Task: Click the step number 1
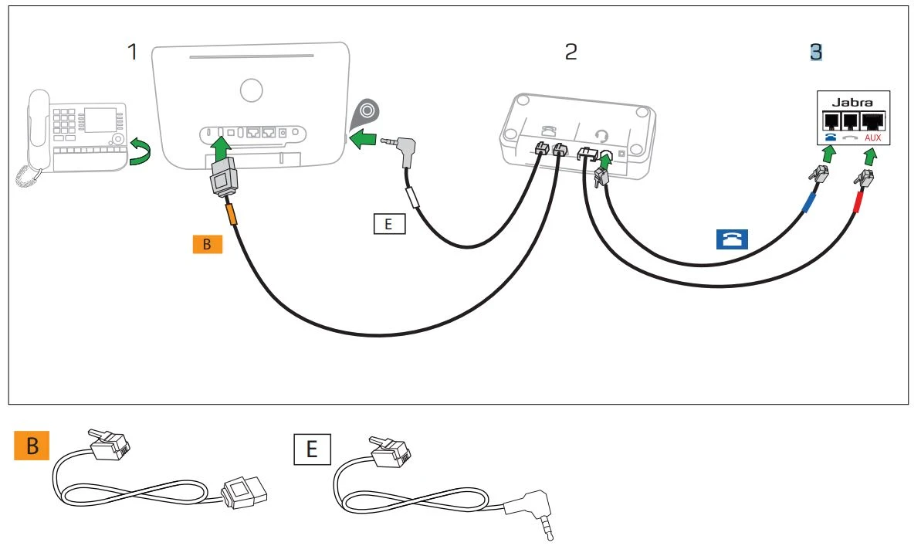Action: pyautogui.click(x=134, y=52)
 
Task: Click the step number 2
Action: pyautogui.click(x=571, y=52)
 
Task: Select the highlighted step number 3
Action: pyautogui.click(x=816, y=52)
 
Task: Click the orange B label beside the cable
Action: pyautogui.click(x=207, y=245)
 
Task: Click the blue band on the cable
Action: pyautogui.click(x=810, y=202)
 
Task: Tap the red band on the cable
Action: pyautogui.click(x=857, y=205)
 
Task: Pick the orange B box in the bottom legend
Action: pyautogui.click(x=32, y=447)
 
